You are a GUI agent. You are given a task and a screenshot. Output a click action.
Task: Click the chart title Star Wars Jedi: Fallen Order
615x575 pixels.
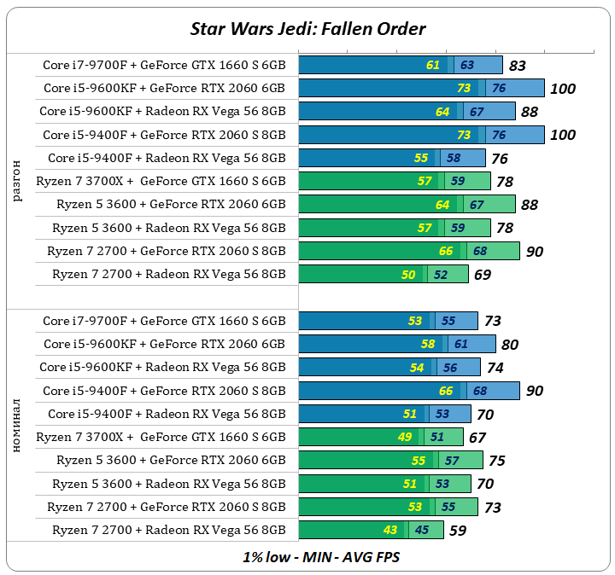click(307, 28)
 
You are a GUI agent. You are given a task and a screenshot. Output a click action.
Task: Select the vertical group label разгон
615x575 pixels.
click(18, 180)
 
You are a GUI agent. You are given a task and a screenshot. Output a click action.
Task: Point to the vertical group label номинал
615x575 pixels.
click(18, 424)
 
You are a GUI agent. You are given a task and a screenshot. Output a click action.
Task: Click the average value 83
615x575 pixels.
click(517, 66)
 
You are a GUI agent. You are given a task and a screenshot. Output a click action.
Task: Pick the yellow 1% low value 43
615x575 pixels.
click(390, 530)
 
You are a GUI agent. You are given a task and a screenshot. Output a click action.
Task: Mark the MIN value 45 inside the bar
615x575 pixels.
click(421, 530)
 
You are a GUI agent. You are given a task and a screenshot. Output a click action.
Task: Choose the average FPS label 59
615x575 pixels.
click(459, 531)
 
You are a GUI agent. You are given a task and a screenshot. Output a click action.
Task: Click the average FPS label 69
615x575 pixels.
click(483, 276)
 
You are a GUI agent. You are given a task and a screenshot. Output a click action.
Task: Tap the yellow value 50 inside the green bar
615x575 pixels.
click(408, 275)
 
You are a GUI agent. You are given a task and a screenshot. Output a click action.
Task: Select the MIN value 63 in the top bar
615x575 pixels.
click(466, 65)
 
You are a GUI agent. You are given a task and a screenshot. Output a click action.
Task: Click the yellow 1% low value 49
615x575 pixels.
click(406, 437)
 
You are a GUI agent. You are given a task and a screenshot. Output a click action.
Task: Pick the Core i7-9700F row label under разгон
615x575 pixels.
click(164, 65)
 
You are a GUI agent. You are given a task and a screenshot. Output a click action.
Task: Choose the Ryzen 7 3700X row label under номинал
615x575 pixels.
click(161, 437)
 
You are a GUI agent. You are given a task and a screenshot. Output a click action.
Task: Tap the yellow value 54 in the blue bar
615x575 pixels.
click(418, 368)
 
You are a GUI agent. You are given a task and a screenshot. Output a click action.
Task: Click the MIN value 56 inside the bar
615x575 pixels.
click(449, 368)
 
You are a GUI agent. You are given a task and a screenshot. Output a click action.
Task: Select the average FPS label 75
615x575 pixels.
click(496, 461)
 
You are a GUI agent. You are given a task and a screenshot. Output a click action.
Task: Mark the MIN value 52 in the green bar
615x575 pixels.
click(440, 275)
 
